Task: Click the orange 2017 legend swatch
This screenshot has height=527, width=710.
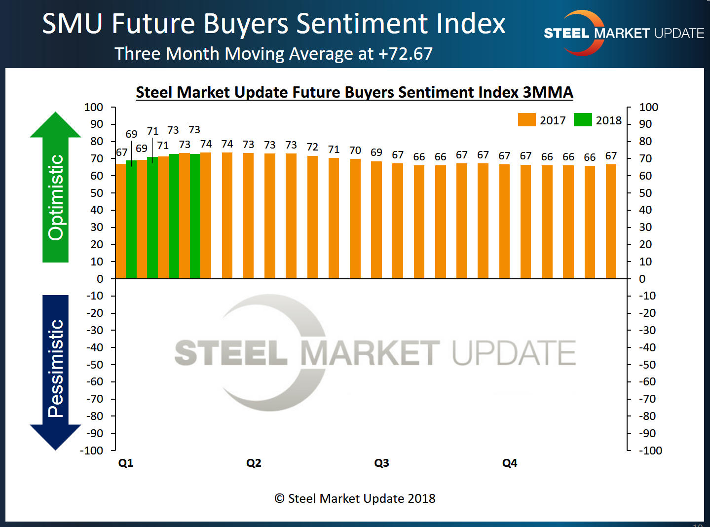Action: [526, 120]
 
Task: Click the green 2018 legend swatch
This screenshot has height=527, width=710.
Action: [583, 120]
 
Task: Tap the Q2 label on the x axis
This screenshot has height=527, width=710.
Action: [254, 463]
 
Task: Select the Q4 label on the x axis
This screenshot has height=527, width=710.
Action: [510, 463]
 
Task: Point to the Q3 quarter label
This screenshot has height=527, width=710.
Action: [381, 463]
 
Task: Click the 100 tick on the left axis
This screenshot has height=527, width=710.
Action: [94, 107]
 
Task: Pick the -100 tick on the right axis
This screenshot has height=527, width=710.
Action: [650, 451]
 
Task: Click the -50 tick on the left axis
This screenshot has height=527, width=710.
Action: [95, 365]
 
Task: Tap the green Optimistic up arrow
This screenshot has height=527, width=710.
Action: [55, 188]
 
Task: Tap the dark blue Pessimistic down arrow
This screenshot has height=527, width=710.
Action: [55, 370]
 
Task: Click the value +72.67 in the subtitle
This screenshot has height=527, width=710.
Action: [406, 54]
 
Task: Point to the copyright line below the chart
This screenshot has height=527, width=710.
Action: [355, 498]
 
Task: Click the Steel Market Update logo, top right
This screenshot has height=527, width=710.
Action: [624, 33]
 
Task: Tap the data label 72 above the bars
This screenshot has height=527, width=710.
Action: [312, 147]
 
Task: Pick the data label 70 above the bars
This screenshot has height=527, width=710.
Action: [355, 150]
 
